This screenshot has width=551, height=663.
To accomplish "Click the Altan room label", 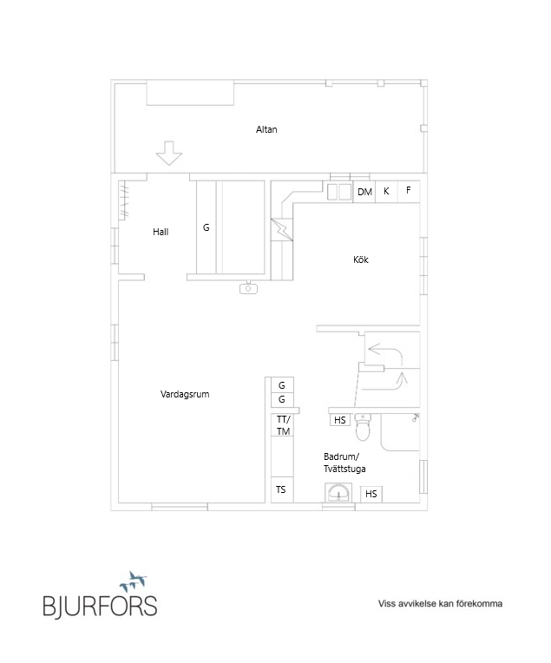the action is (x=266, y=129).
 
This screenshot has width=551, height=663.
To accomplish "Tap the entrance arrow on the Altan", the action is (x=169, y=153).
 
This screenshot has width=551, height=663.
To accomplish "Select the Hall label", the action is (x=161, y=232).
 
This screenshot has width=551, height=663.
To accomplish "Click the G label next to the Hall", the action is (x=207, y=227).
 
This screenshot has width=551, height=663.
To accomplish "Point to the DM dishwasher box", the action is (x=364, y=192).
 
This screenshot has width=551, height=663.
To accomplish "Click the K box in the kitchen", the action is (x=386, y=192).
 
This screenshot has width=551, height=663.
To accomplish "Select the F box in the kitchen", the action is (x=409, y=192).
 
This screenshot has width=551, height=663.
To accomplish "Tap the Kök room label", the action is (x=361, y=259).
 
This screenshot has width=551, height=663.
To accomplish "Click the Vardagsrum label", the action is (x=185, y=394).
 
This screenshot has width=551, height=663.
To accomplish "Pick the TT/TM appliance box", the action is (x=283, y=425).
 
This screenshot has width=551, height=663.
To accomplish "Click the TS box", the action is (x=281, y=489).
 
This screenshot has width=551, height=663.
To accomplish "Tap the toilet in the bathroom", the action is (x=363, y=427).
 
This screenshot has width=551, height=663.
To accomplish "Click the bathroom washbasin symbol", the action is (x=338, y=493).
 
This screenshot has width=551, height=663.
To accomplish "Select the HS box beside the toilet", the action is (x=340, y=420).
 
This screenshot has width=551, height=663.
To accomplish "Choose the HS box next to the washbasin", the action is (x=371, y=494).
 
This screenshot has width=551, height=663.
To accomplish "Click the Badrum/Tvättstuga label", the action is (x=344, y=463).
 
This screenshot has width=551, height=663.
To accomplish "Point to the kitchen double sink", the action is (x=339, y=192).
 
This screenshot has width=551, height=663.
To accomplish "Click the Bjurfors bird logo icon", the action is (x=133, y=581).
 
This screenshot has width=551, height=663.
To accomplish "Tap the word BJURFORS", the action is (x=100, y=606).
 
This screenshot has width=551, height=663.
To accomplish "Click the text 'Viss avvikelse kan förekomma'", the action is (x=440, y=604).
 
